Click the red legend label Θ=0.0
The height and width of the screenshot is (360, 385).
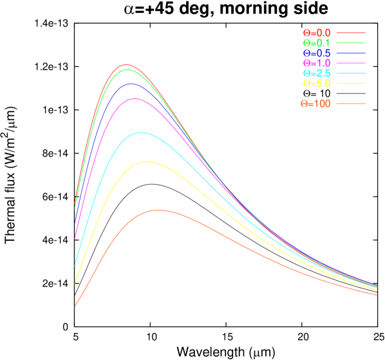[317, 32]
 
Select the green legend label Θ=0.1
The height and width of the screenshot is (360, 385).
[317, 43]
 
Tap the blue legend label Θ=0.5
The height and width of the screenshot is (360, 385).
[317, 53]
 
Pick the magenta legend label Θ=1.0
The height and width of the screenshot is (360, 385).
[317, 63]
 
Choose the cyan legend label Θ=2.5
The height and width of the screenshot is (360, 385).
[317, 73]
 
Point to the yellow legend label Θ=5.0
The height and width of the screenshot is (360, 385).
[317, 84]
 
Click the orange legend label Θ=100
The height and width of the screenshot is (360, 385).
[315, 104]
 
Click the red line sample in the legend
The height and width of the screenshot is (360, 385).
[351, 32]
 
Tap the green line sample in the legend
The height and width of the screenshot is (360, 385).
[351, 43]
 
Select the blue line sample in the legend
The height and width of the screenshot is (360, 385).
[351, 53]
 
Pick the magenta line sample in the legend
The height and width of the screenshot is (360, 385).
[351, 63]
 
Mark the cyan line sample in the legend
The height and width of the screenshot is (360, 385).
[351, 73]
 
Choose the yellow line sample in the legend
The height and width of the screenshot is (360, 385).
[351, 84]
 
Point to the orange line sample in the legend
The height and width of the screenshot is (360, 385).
[351, 104]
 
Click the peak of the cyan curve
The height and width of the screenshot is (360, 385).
[140, 133]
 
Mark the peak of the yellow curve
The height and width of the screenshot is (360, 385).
[146, 162]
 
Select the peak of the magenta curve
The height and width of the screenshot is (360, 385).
[135, 99]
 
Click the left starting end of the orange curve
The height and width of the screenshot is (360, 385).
[75, 306]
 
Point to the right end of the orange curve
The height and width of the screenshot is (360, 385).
[377, 295]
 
